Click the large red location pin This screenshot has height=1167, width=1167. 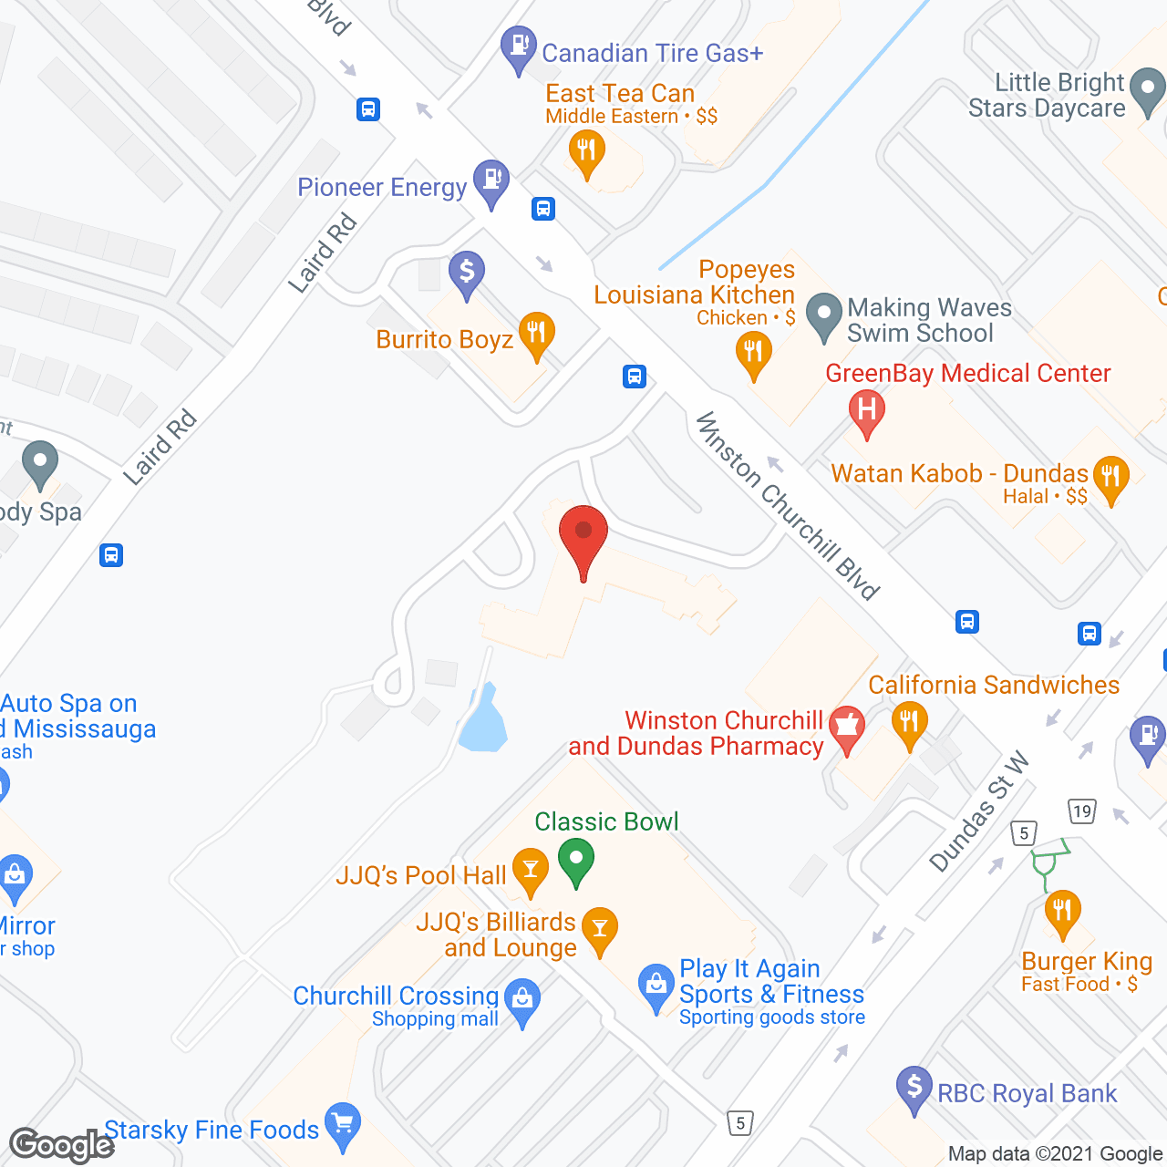point(583,538)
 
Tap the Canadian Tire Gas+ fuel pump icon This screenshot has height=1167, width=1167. point(519,48)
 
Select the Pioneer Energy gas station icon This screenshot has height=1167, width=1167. point(491,181)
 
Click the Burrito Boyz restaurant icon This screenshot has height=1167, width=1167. point(536,335)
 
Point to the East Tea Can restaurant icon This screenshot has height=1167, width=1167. point(586,151)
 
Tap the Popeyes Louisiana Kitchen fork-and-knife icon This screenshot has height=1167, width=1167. point(753,352)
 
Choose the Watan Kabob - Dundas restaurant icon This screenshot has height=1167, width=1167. point(1110,478)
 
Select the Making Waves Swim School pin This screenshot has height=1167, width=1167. point(824,315)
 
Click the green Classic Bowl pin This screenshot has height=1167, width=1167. point(576,861)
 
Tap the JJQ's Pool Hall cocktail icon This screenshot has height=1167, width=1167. point(531,870)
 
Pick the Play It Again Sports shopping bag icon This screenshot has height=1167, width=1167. point(656,986)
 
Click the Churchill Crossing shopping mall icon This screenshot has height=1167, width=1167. point(522,1001)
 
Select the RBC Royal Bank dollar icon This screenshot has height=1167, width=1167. point(914,1089)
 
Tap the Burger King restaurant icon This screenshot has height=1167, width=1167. point(1062,913)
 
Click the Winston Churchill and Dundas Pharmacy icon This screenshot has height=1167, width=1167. point(847,728)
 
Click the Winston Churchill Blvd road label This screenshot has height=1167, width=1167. point(788,507)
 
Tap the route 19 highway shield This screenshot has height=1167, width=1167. point(1081,811)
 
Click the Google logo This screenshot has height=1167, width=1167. point(62,1145)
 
